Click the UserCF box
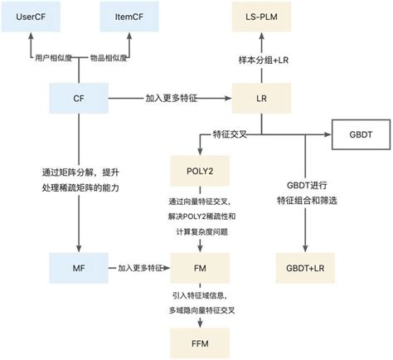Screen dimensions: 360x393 [30, 16]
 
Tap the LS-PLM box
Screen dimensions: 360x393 [262, 16]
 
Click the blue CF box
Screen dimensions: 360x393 [79, 98]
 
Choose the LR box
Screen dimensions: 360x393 [262, 98]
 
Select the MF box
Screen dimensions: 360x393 [79, 268]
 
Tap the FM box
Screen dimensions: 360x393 [193, 268]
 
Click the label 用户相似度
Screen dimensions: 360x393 [54, 58]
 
